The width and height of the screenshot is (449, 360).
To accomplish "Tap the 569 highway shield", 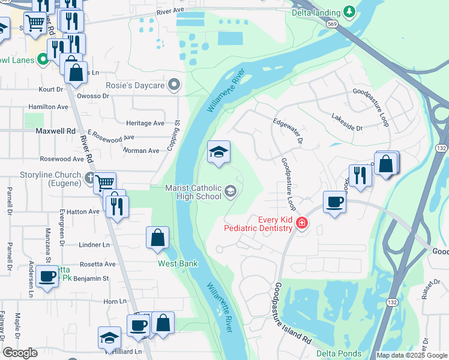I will (332, 23).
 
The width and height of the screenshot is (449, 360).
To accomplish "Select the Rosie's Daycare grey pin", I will (175, 85).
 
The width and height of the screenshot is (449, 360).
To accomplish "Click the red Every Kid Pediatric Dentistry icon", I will (301, 224).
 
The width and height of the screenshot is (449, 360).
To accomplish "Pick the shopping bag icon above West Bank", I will (157, 238).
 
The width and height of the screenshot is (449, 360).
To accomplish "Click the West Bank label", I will (178, 263).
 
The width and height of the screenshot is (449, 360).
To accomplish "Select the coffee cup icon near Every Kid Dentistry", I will (335, 202).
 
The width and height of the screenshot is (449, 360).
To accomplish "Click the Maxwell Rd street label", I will (56, 130).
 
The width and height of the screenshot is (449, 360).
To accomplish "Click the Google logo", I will (20, 353).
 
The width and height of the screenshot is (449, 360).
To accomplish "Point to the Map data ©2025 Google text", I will (411, 355).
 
